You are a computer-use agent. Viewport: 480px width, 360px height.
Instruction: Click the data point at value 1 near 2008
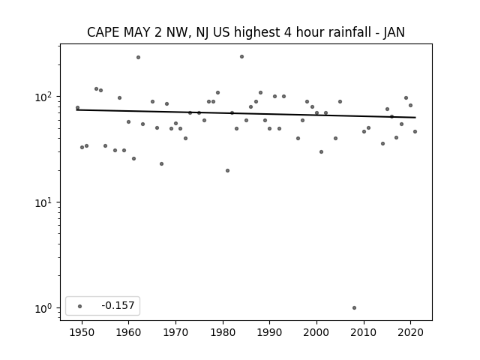tap(354, 308)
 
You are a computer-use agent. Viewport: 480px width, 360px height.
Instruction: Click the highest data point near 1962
tap(138, 57)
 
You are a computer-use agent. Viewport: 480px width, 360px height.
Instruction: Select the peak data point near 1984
tap(241, 57)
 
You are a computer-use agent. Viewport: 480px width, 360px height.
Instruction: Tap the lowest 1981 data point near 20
tap(227, 170)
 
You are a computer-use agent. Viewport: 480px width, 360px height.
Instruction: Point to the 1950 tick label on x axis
tap(82, 332)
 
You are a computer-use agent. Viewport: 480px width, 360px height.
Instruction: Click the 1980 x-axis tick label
tap(223, 332)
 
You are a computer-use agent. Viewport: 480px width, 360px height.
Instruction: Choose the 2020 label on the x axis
tap(410, 332)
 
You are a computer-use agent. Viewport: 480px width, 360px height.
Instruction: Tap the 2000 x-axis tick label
tap(316, 332)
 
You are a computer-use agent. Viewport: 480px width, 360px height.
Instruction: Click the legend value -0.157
tap(118, 305)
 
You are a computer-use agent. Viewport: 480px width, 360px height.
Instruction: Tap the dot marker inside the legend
tap(80, 306)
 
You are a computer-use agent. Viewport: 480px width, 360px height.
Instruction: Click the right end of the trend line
tap(415, 118)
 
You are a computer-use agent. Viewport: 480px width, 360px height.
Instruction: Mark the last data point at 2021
tap(415, 132)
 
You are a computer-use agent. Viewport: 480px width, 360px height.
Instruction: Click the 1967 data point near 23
tap(162, 163)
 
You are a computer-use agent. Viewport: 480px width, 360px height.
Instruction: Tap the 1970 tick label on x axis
tap(175, 332)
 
